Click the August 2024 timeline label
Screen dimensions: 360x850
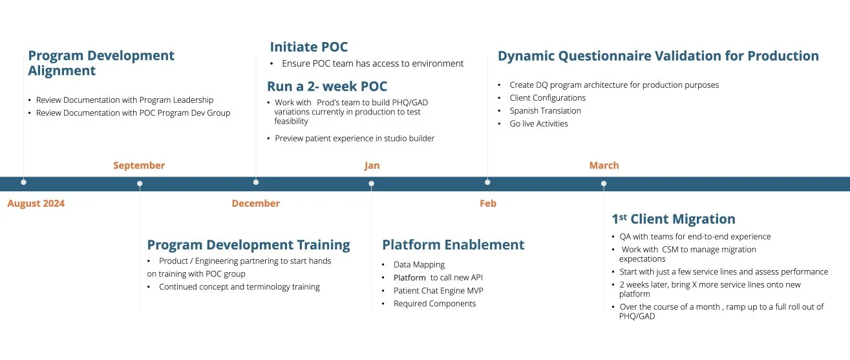point(36,204)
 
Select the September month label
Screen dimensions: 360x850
point(139,165)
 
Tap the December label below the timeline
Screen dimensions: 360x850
point(255,204)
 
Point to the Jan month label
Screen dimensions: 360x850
point(372,165)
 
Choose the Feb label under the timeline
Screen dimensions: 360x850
point(488,204)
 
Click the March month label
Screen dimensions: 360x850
point(604,165)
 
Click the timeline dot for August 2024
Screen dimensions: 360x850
point(24,182)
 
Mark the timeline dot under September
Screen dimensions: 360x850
point(140,184)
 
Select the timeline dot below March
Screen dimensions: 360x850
point(604,184)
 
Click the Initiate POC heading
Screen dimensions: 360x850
point(308,47)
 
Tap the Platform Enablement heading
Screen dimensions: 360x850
point(453,245)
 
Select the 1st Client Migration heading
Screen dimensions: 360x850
point(674,219)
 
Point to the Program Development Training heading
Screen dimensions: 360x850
point(248,245)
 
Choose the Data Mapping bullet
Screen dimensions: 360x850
point(419,264)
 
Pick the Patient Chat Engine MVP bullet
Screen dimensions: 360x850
point(438,290)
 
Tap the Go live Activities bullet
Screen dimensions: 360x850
point(538,123)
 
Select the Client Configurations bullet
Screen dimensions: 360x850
point(547,98)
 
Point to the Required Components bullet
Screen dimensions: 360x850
point(434,303)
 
